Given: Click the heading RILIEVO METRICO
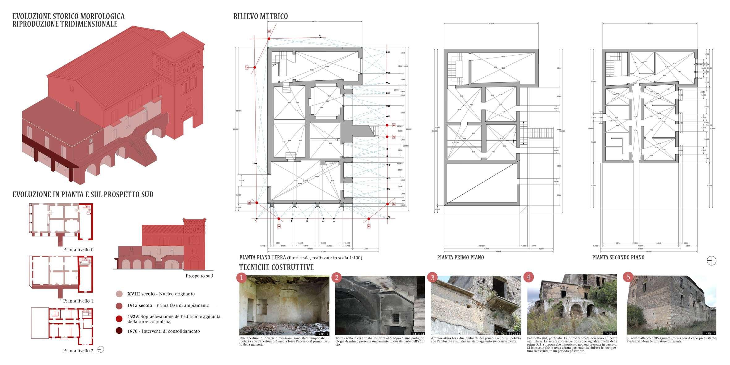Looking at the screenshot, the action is pos(261,16).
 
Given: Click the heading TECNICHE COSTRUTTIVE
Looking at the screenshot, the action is pos(276,267).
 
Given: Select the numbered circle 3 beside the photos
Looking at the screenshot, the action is pos(432,278).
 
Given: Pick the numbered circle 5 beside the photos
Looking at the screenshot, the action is pos(628,277).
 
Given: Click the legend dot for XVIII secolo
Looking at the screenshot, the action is pos(119,294).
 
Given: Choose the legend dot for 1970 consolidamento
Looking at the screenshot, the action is pos(119,331).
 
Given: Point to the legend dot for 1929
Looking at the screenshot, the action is pos(119,319).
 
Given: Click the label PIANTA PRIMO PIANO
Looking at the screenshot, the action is pos(460,257).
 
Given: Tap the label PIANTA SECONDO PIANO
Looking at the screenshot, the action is pos(618,257).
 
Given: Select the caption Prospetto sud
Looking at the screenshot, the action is pos(199,276).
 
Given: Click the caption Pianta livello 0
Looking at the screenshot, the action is pos(78,250).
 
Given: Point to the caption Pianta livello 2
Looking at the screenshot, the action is pos(78,351).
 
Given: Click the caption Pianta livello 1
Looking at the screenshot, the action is pos(78,301).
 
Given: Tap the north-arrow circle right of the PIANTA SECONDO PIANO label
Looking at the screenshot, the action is pos(711,261).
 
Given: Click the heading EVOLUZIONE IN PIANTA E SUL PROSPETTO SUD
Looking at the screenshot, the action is pos(83,195).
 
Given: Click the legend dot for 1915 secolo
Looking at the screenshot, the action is pos(119,306).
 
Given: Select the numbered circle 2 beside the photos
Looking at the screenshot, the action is pos(337,278).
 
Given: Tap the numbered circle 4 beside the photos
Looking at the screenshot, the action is pos(528,277).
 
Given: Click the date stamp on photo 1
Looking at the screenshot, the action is pos(323,334).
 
